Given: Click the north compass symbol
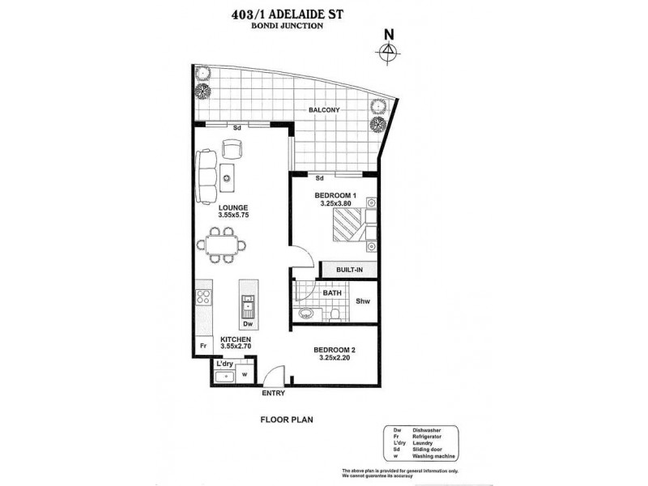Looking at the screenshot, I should pyautogui.click(x=390, y=50).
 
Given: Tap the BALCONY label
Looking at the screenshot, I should pyautogui.click(x=322, y=110).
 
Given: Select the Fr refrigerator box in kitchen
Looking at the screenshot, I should pyautogui.click(x=202, y=347).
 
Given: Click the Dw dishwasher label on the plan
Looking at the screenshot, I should pyautogui.click(x=248, y=325).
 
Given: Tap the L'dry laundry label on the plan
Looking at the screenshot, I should pyautogui.click(x=225, y=364).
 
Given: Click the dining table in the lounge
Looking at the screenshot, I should pyautogui.click(x=224, y=244).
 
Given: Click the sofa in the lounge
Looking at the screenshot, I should pyautogui.click(x=208, y=178).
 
